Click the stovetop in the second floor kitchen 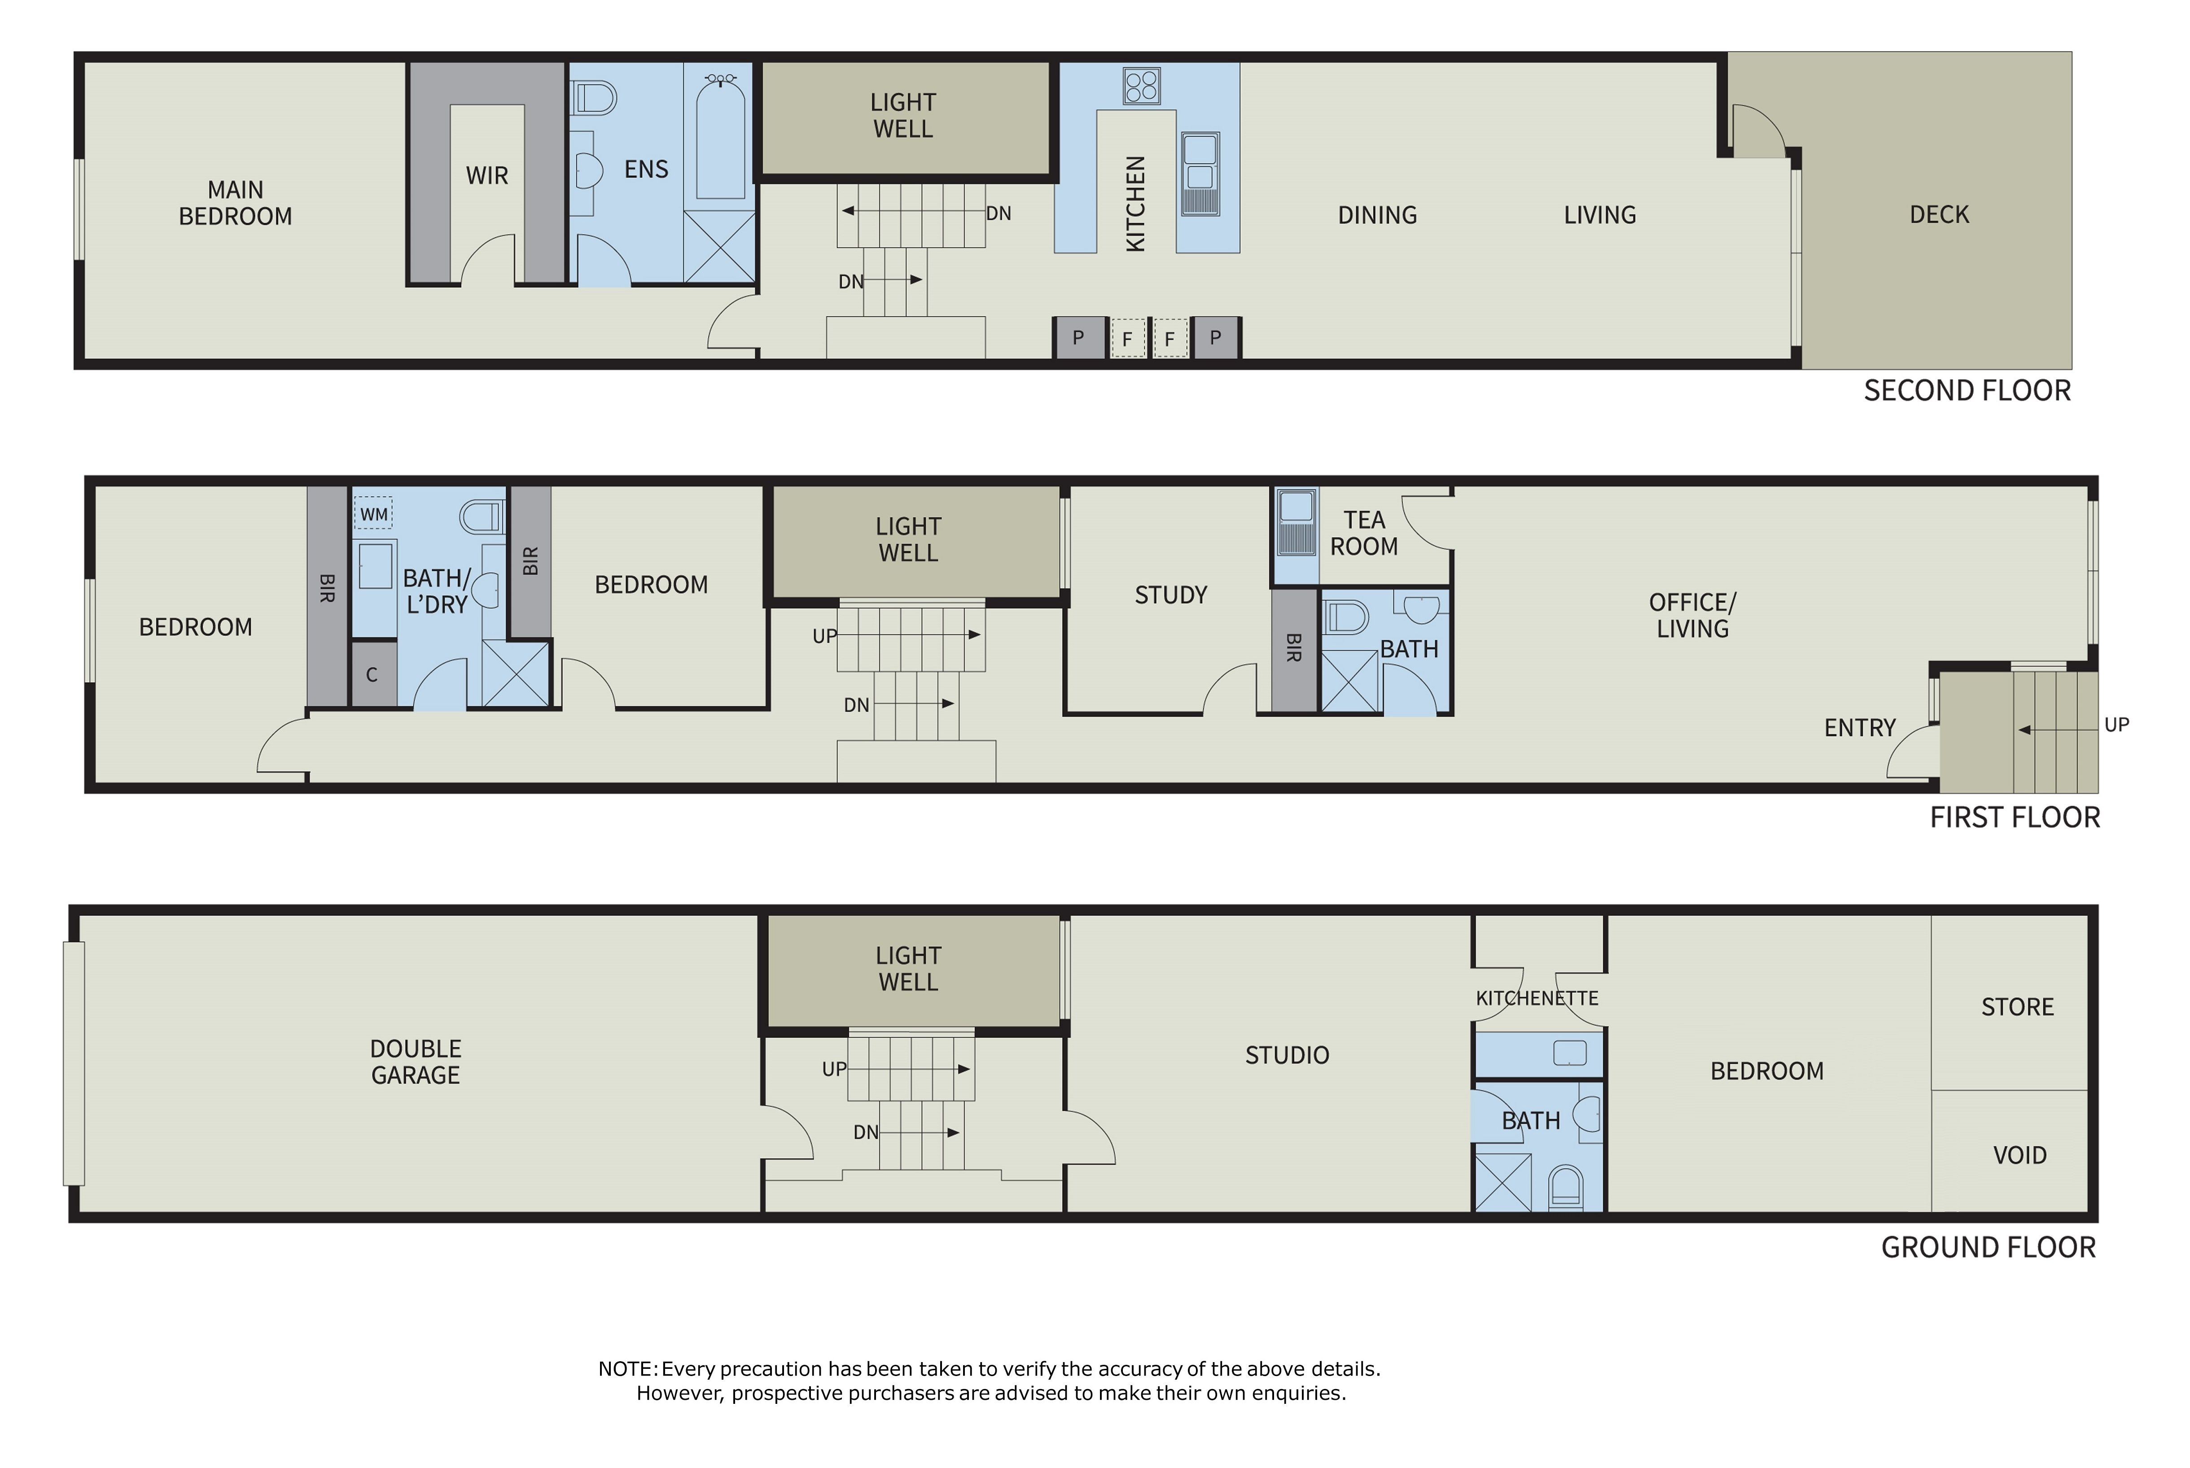[1141, 86]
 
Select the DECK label [1939, 214]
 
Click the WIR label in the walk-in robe [487, 175]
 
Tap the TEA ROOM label [1364, 533]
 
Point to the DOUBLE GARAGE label [416, 1062]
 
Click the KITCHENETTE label [1537, 998]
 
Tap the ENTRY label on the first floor [1860, 727]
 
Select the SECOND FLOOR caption [1967, 390]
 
